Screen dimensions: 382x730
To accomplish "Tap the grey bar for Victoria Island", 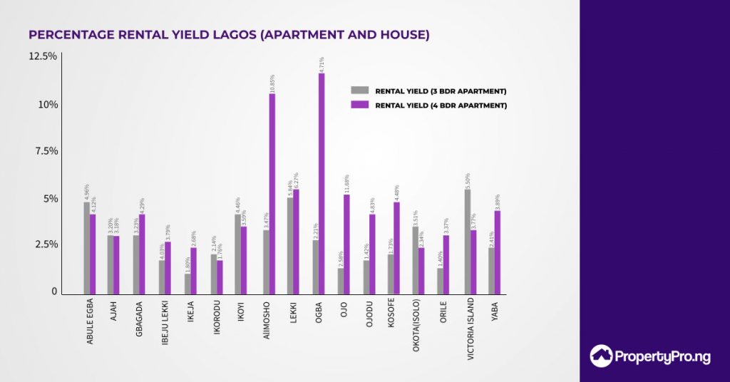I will coord(468,242).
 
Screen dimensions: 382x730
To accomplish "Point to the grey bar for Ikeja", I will coord(188,284).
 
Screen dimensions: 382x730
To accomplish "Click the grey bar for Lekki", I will coord(290,245).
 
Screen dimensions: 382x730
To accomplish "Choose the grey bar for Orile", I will coord(441,281).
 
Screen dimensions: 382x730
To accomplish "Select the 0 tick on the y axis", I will coord(53,291).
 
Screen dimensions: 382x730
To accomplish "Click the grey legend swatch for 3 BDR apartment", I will coord(359,91).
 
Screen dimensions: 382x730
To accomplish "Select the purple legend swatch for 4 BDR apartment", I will coord(359,105).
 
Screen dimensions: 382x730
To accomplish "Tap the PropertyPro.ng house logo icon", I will coord(602,356).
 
